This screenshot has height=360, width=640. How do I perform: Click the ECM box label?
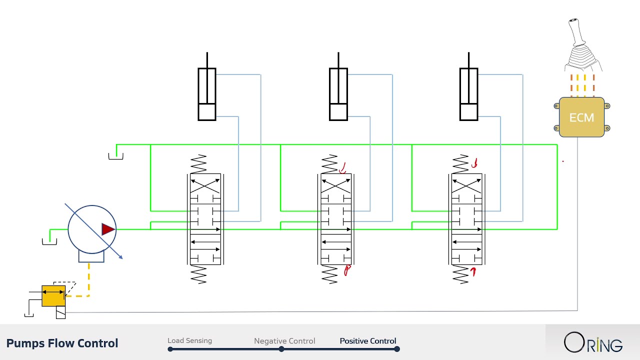[581, 118]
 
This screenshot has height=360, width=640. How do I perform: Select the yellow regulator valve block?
[53, 295]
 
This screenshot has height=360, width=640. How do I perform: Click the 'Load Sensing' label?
[189, 340]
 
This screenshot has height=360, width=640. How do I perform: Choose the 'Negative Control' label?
[284, 341]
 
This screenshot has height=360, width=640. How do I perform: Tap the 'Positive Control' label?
[367, 341]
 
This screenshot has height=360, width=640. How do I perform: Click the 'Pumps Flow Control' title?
[62, 343]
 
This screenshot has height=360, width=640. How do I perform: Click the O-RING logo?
[593, 343]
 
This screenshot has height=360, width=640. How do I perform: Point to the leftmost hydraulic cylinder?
[207, 94]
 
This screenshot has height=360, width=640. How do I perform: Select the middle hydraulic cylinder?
[338, 94]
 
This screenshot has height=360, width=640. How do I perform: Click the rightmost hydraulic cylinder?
[468, 94]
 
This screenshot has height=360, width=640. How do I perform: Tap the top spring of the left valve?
[198, 164]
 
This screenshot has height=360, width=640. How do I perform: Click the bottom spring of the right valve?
[460, 275]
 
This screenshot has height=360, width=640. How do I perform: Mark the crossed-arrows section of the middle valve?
[335, 185]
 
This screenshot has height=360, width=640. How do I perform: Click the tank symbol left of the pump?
[49, 242]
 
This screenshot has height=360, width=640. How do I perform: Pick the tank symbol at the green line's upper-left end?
[115, 156]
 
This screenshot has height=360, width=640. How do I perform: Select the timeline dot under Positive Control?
[396, 349]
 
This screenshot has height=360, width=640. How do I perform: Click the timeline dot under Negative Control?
[281, 349]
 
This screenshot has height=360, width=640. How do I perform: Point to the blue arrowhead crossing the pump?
[120, 256]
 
